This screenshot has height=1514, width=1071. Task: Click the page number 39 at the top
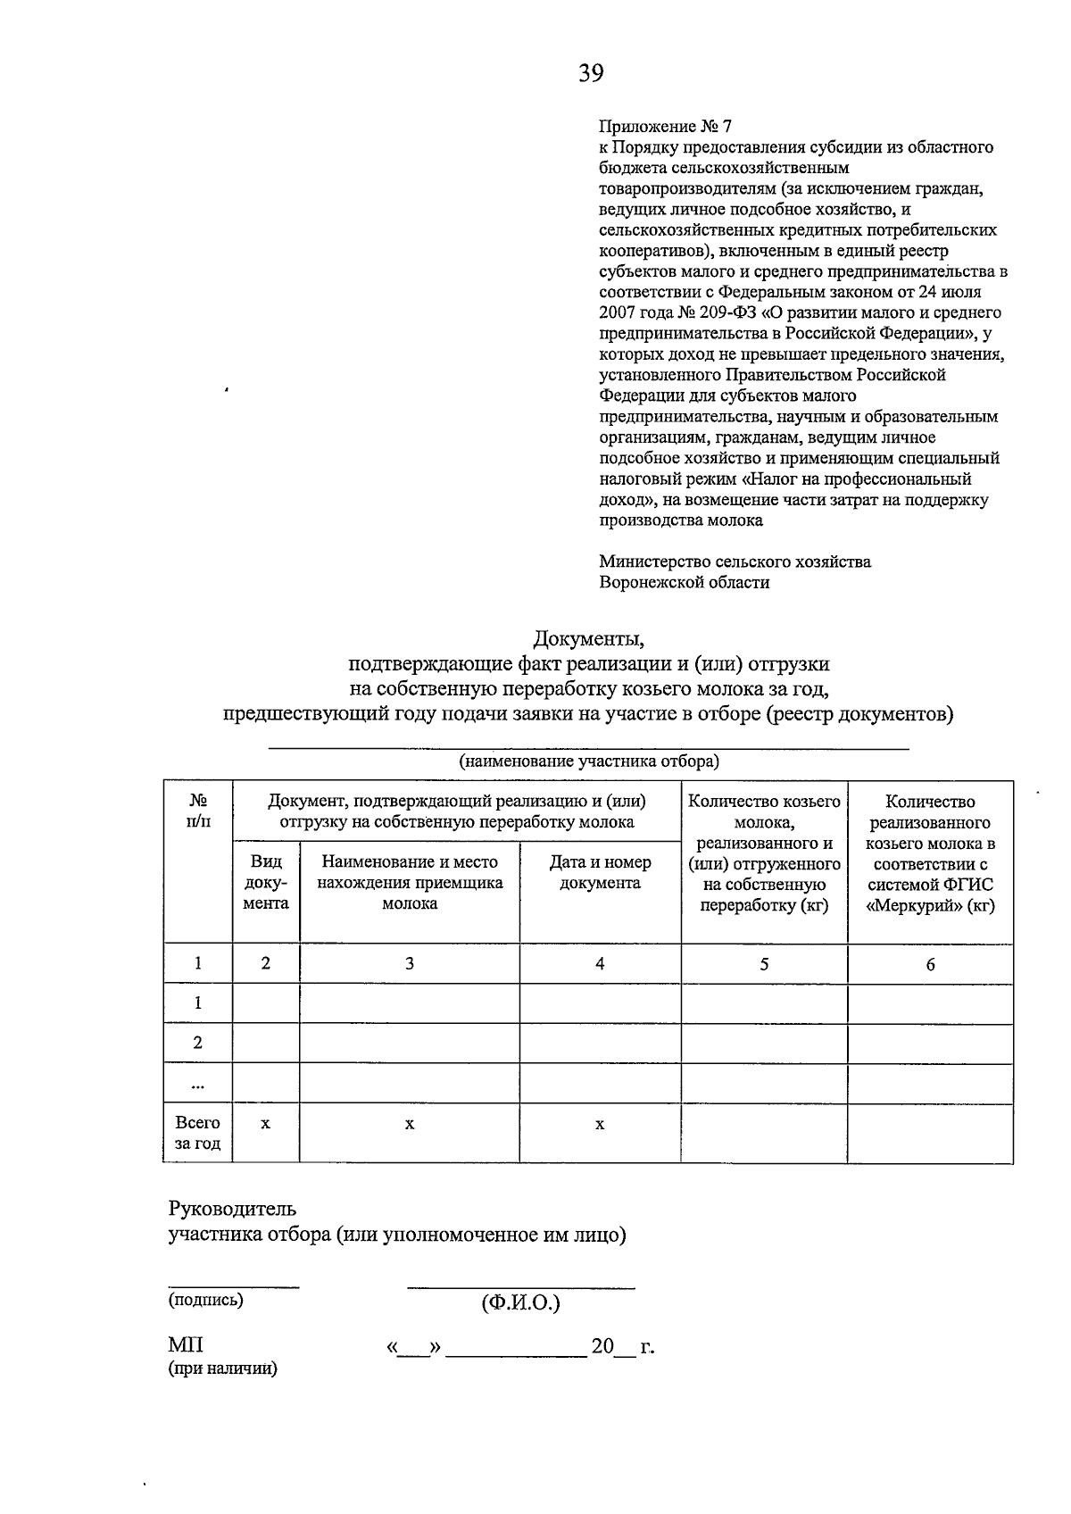coord(590,73)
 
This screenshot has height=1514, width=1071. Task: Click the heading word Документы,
coord(588,639)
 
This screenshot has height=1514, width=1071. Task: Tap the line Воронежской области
coord(684,583)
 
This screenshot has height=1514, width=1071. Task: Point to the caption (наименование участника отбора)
coord(588,761)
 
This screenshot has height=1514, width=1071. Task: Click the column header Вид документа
coord(265,882)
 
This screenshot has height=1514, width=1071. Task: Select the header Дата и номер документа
coord(600,872)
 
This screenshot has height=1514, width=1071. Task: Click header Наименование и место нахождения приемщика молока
coord(410,882)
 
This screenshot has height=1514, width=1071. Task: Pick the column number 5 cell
coord(764,964)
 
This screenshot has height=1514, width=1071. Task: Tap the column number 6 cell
coord(930,964)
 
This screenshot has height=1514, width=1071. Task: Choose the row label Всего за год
coord(197,1133)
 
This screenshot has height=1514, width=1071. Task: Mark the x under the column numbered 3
coord(410,1125)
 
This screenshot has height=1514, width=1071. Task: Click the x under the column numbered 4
coord(600,1125)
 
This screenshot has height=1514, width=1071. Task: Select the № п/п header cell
coord(197,811)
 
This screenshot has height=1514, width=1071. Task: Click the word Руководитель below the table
coord(232,1209)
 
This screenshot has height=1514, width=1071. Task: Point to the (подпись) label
coord(205,1301)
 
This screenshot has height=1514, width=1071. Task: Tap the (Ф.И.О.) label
coord(520,1303)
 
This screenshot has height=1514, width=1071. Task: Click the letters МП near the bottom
coord(186,1345)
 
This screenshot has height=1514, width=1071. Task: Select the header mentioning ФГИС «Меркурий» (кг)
coord(930,853)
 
